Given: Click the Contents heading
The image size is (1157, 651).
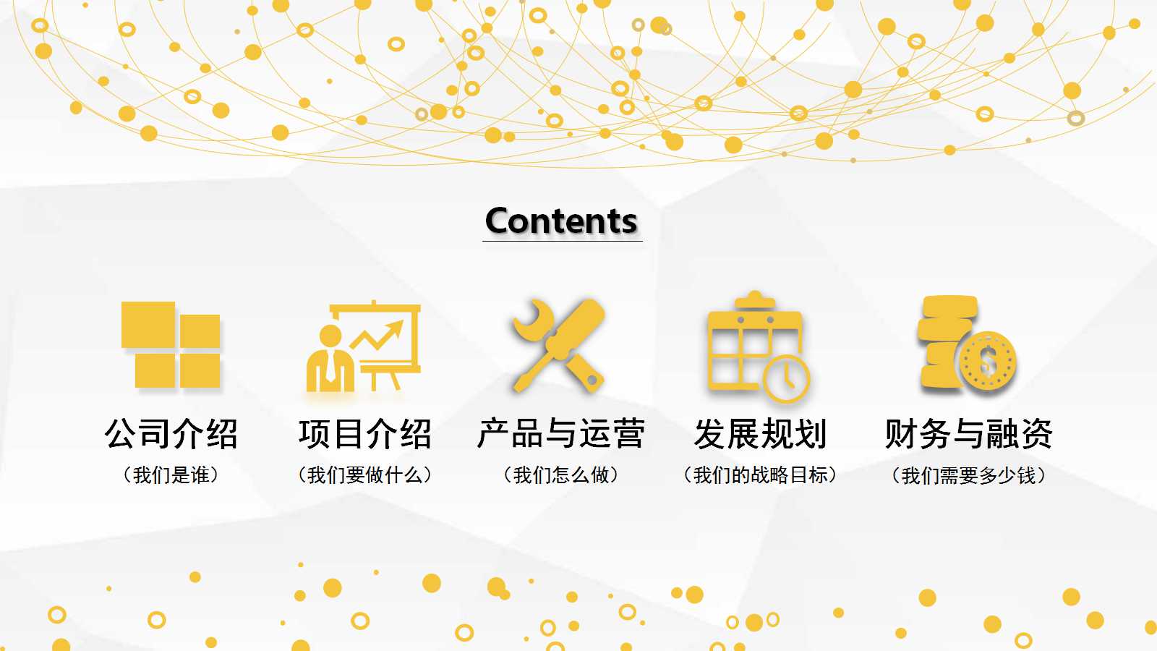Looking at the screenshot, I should point(562,221).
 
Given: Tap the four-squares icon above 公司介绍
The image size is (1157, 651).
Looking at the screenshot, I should point(171,344).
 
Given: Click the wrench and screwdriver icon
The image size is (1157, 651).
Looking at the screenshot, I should point(558,346).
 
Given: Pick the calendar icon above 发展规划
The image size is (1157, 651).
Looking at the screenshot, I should point(756,346).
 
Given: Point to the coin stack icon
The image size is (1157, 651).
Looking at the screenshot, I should point(967,344).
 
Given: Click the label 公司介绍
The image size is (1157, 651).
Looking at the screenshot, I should point(171,434).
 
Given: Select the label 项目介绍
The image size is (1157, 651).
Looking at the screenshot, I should point(364,434).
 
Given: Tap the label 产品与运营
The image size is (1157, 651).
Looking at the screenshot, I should point(561,434).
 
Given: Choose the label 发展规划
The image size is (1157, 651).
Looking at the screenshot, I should point(760,434).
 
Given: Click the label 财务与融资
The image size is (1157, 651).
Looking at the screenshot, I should point(968,434).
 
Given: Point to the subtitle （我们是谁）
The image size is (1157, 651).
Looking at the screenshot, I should point(171,475).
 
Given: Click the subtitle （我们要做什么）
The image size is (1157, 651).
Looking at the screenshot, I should point(364,475).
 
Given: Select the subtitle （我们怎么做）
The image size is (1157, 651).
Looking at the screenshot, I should point(561,475).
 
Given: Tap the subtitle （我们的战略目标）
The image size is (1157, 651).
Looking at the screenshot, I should point(760,475).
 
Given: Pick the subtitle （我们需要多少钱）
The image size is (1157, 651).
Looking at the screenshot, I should point(968,476).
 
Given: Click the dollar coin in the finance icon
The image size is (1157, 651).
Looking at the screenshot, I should point(988,362).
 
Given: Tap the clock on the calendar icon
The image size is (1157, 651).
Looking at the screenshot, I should point(786,378).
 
